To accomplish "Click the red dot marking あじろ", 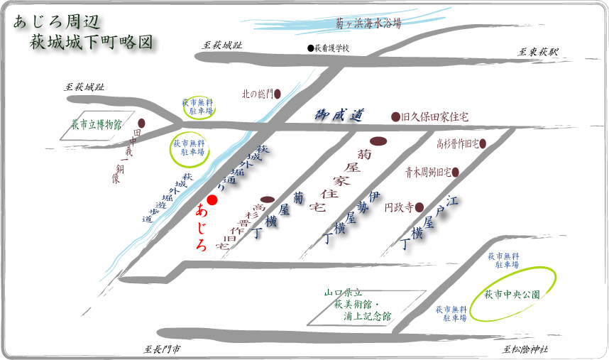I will pyautogui.click(x=212, y=200).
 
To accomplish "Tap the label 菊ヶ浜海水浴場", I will pyautogui.click(x=368, y=23).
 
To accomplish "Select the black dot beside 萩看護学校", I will pyautogui.click(x=310, y=48).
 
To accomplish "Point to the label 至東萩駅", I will pyautogui.click(x=538, y=52).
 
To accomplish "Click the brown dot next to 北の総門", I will pyautogui.click(x=278, y=93).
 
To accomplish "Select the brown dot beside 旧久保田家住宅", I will pyautogui.click(x=395, y=116).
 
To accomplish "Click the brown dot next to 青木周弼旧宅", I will pyautogui.click(x=456, y=172).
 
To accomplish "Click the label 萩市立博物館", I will pyautogui.click(x=97, y=125).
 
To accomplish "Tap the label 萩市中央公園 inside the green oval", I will pyautogui.click(x=512, y=294).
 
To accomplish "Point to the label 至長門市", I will pyautogui.click(x=161, y=349).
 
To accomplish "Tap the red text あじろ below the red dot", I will pyautogui.click(x=202, y=227).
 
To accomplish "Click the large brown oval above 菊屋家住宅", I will pyautogui.click(x=378, y=140).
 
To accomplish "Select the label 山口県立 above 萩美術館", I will pyautogui.click(x=344, y=292).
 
